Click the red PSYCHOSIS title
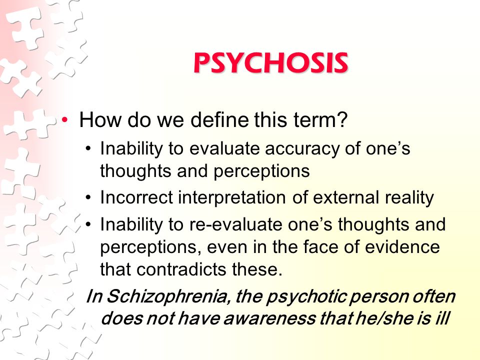tap(271, 63)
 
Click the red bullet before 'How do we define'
tap(64, 119)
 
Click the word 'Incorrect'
tap(136, 197)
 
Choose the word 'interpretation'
tap(232, 197)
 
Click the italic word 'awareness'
tap(269, 318)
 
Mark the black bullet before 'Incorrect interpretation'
tap(88, 198)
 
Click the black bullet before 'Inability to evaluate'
tap(88, 149)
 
